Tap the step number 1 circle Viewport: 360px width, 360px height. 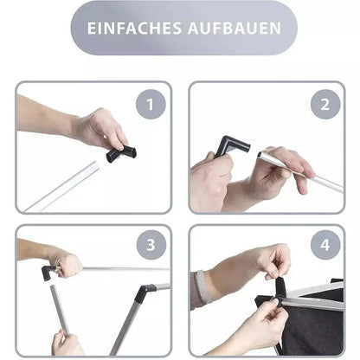coord(151,106)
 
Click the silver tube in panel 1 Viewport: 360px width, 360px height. coord(65,186)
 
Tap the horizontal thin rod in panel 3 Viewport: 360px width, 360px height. coord(121,268)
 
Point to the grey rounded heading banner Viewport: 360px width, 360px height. coord(183,28)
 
